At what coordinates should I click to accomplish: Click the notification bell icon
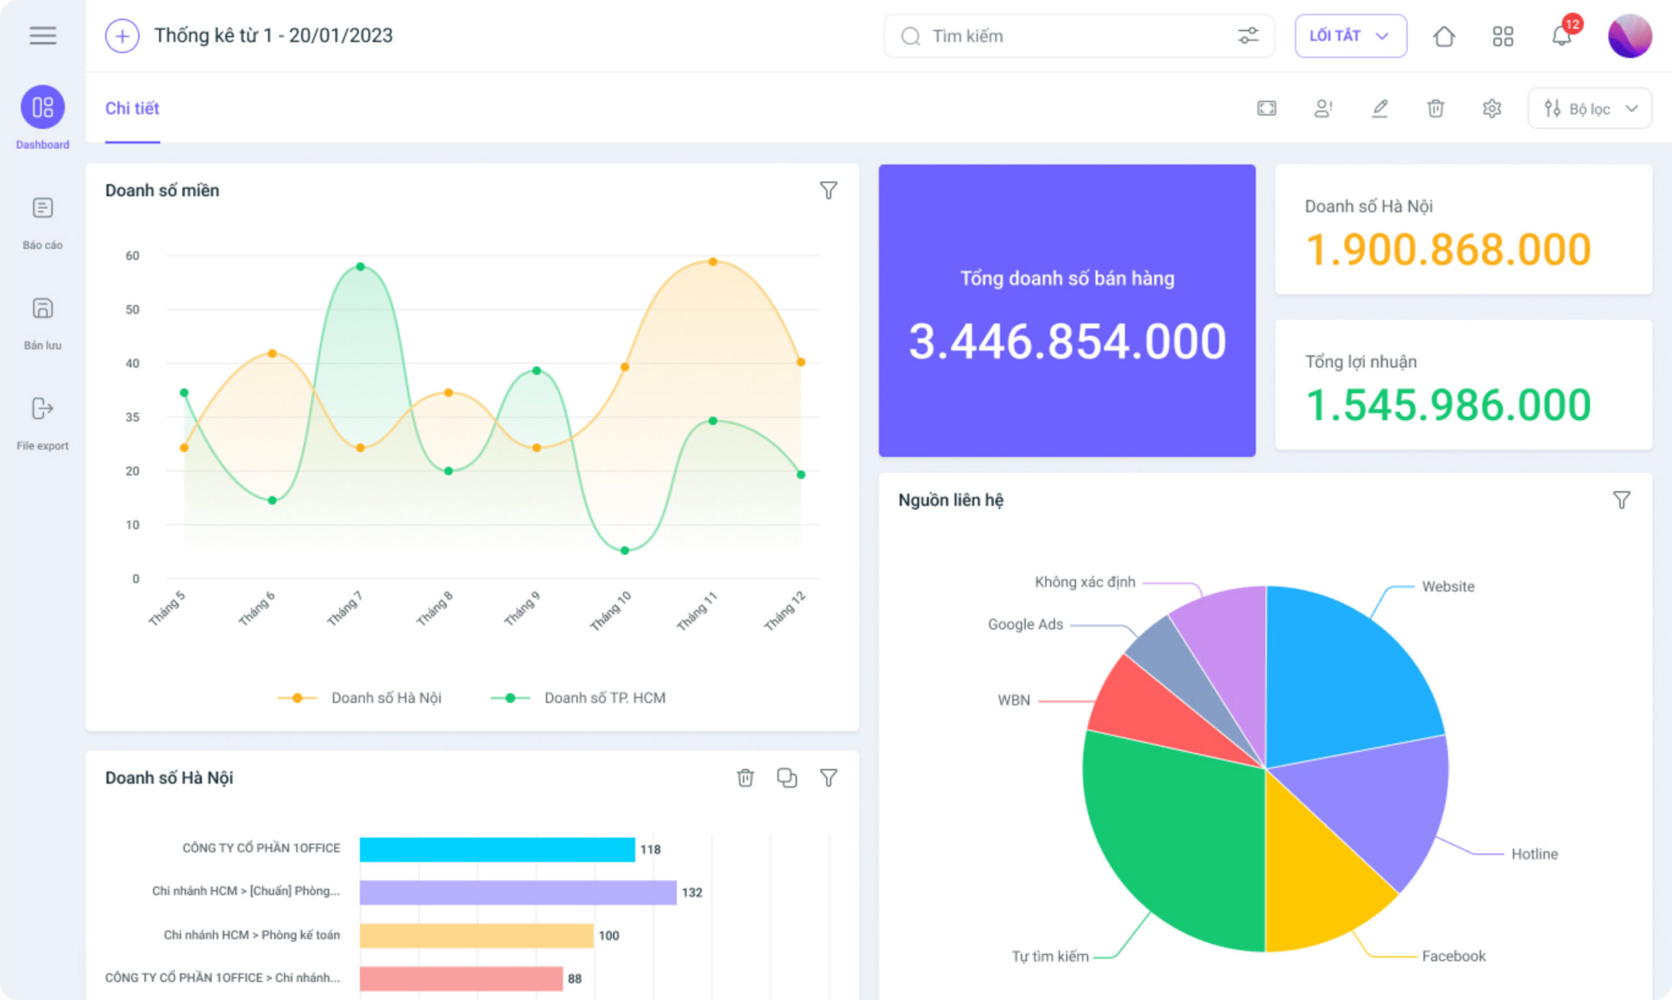click(1561, 36)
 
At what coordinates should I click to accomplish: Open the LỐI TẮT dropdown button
click(1350, 36)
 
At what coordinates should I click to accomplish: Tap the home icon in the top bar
click(1443, 36)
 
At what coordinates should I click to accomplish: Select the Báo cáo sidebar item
click(42, 223)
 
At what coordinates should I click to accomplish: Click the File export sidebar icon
click(42, 408)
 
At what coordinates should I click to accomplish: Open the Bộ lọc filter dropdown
click(1589, 108)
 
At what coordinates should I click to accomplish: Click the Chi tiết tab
click(132, 108)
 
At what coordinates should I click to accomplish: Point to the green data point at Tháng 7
click(361, 267)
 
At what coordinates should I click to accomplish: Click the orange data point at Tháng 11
click(713, 261)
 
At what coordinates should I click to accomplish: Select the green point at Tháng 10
click(624, 551)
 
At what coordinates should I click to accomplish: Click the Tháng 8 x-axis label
click(434, 609)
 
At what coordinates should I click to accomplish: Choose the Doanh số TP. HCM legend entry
click(578, 698)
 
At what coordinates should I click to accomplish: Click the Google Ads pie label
click(1025, 624)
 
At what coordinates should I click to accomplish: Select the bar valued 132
click(518, 892)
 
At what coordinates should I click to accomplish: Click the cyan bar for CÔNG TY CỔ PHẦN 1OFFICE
click(497, 849)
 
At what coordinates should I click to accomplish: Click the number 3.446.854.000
click(1067, 342)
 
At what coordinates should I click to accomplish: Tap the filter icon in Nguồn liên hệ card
click(1622, 500)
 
